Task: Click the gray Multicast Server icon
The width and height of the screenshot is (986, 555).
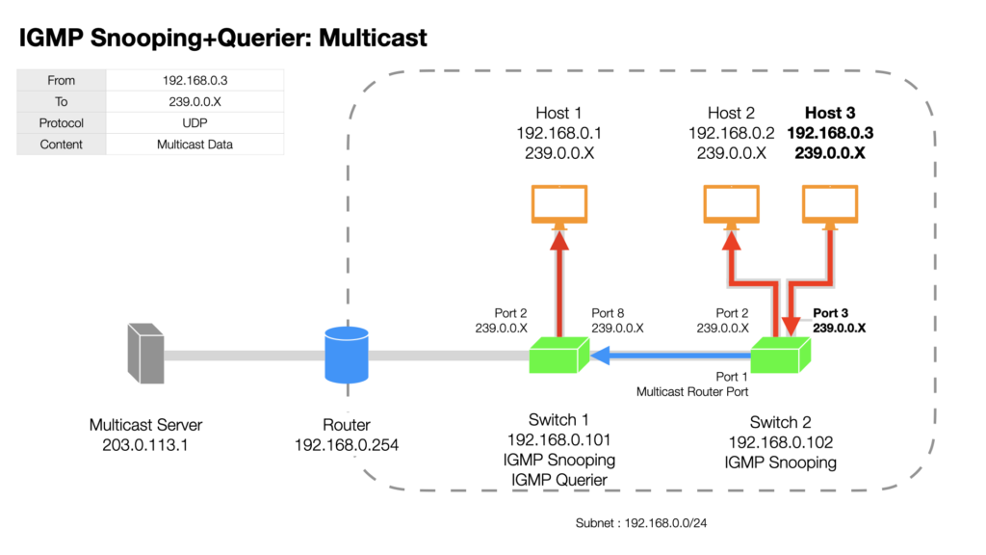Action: tap(146, 354)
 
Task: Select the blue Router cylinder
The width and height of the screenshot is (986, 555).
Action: tap(347, 355)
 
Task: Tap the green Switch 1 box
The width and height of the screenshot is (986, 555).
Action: tap(559, 355)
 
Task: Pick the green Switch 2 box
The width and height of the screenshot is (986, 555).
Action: tap(780, 355)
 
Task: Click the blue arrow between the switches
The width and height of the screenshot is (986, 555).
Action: tap(671, 356)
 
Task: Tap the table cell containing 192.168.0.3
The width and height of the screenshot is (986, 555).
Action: tap(195, 81)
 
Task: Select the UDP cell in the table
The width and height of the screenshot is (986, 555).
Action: tap(195, 123)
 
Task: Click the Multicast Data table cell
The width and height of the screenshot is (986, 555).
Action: tap(195, 145)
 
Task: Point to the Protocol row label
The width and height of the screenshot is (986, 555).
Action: tap(61, 123)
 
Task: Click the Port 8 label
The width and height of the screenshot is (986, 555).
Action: tap(608, 313)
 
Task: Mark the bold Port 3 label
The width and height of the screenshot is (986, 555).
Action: tap(830, 313)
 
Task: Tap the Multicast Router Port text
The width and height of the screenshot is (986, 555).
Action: tap(692, 391)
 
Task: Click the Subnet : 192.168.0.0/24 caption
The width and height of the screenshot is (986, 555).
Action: tap(640, 523)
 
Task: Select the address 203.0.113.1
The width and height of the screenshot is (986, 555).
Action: tap(145, 445)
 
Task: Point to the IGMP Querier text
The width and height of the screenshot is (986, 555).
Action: tap(559, 480)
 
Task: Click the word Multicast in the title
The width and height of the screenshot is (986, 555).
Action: tap(373, 38)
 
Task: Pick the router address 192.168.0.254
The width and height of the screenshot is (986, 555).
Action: tap(347, 445)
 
